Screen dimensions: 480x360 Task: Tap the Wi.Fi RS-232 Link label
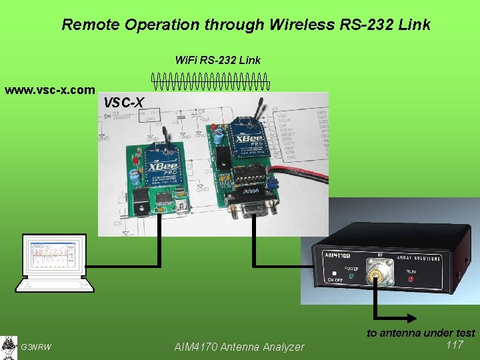click(x=217, y=61)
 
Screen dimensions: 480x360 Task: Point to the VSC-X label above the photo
click(x=123, y=103)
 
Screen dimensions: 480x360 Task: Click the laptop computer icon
click(x=54, y=263)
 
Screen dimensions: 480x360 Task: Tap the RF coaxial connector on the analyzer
click(x=382, y=272)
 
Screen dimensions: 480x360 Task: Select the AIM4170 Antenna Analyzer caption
click(x=239, y=347)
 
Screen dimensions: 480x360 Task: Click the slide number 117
click(x=455, y=345)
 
